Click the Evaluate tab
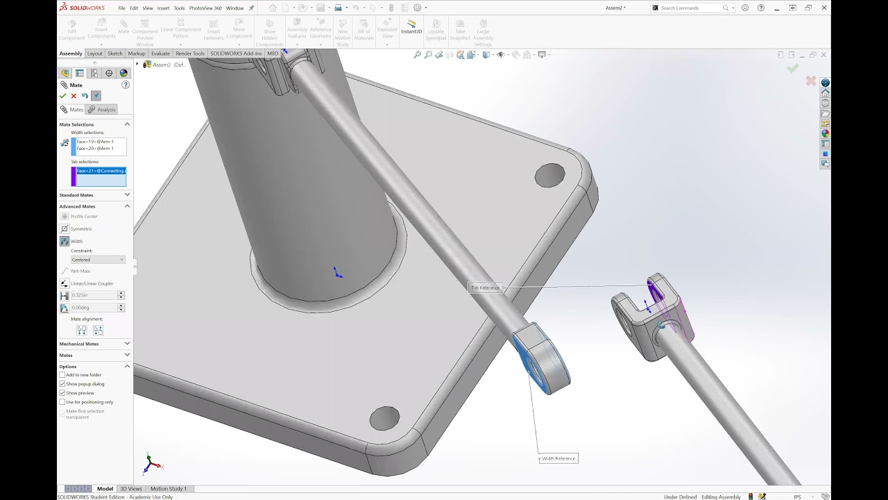tap(160, 53)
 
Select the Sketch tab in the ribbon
tap(115, 53)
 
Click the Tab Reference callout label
tap(485, 287)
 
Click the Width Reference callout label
tap(558, 458)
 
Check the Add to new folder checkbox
tap(62, 375)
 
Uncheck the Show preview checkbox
tap(62, 393)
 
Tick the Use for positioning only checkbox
tap(62, 402)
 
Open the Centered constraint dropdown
tap(98, 260)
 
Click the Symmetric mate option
tap(80, 228)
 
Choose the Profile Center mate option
tap(83, 216)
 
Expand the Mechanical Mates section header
tap(94, 344)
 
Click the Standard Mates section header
tap(94, 195)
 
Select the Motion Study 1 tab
tap(168, 489)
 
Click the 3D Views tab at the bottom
tap(130, 489)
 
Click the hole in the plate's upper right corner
tap(549, 175)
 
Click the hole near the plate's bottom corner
tap(384, 418)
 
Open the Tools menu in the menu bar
tap(179, 8)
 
